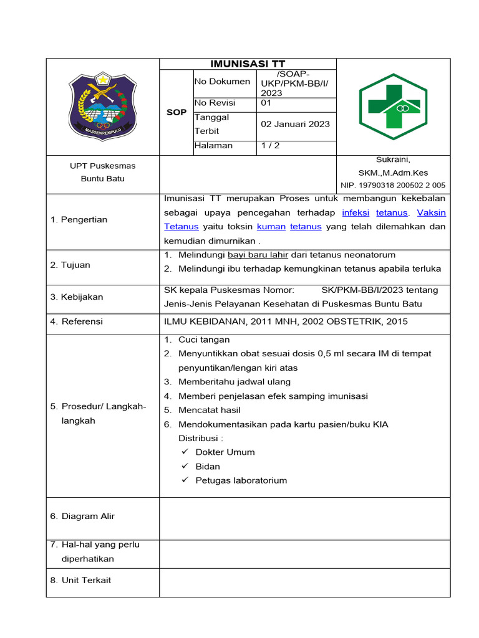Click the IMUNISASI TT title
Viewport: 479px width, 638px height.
(x=248, y=64)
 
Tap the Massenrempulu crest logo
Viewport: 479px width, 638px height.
(x=102, y=107)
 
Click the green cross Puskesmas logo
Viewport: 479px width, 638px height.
(x=393, y=106)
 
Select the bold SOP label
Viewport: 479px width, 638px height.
(x=177, y=112)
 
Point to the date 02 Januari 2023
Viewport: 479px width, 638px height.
(x=295, y=124)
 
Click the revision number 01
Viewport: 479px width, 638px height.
(x=266, y=103)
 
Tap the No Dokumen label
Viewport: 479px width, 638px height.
(x=222, y=81)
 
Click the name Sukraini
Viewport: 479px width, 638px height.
(x=393, y=159)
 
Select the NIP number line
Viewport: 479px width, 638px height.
(x=393, y=185)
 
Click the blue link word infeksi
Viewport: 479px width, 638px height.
(x=356, y=212)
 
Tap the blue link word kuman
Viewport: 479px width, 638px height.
(x=271, y=227)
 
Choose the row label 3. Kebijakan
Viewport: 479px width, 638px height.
(x=77, y=297)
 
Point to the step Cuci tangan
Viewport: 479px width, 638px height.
(x=204, y=340)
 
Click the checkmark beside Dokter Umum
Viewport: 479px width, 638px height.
(x=185, y=452)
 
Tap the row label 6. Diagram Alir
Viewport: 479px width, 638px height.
(x=82, y=516)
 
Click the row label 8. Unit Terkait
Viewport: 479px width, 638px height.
(x=80, y=580)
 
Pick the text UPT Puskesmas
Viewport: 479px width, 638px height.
(x=102, y=166)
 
